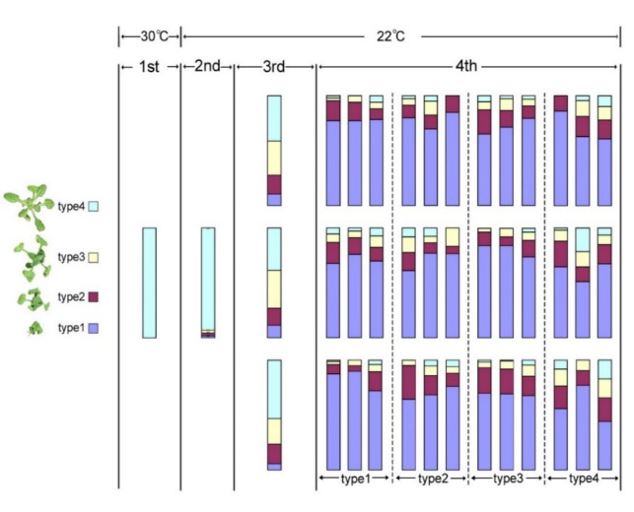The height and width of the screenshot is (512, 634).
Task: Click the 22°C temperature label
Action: pyautogui.click(x=391, y=36)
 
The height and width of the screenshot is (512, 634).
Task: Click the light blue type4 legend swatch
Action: pyautogui.click(x=94, y=207)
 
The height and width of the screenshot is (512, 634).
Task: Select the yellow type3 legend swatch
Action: pyautogui.click(x=94, y=257)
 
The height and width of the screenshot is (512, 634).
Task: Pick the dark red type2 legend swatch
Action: pyautogui.click(x=94, y=295)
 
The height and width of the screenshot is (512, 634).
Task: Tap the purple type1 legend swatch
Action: pyautogui.click(x=94, y=328)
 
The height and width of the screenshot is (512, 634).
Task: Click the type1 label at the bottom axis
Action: pyautogui.click(x=354, y=479)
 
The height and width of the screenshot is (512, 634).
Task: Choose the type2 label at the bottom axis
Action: pyautogui.click(x=430, y=479)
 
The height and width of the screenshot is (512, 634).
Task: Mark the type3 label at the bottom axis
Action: pyautogui.click(x=507, y=479)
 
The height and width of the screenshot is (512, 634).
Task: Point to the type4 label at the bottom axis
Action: pyautogui.click(x=583, y=479)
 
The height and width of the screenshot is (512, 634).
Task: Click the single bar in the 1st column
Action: pyautogui.click(x=149, y=283)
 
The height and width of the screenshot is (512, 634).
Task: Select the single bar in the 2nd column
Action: pyautogui.click(x=208, y=283)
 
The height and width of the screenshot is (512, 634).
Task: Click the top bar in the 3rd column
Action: pyautogui.click(x=274, y=151)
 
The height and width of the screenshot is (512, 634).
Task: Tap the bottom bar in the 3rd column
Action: pyautogui.click(x=274, y=415)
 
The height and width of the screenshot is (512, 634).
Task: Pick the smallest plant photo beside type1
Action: pyautogui.click(x=35, y=328)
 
